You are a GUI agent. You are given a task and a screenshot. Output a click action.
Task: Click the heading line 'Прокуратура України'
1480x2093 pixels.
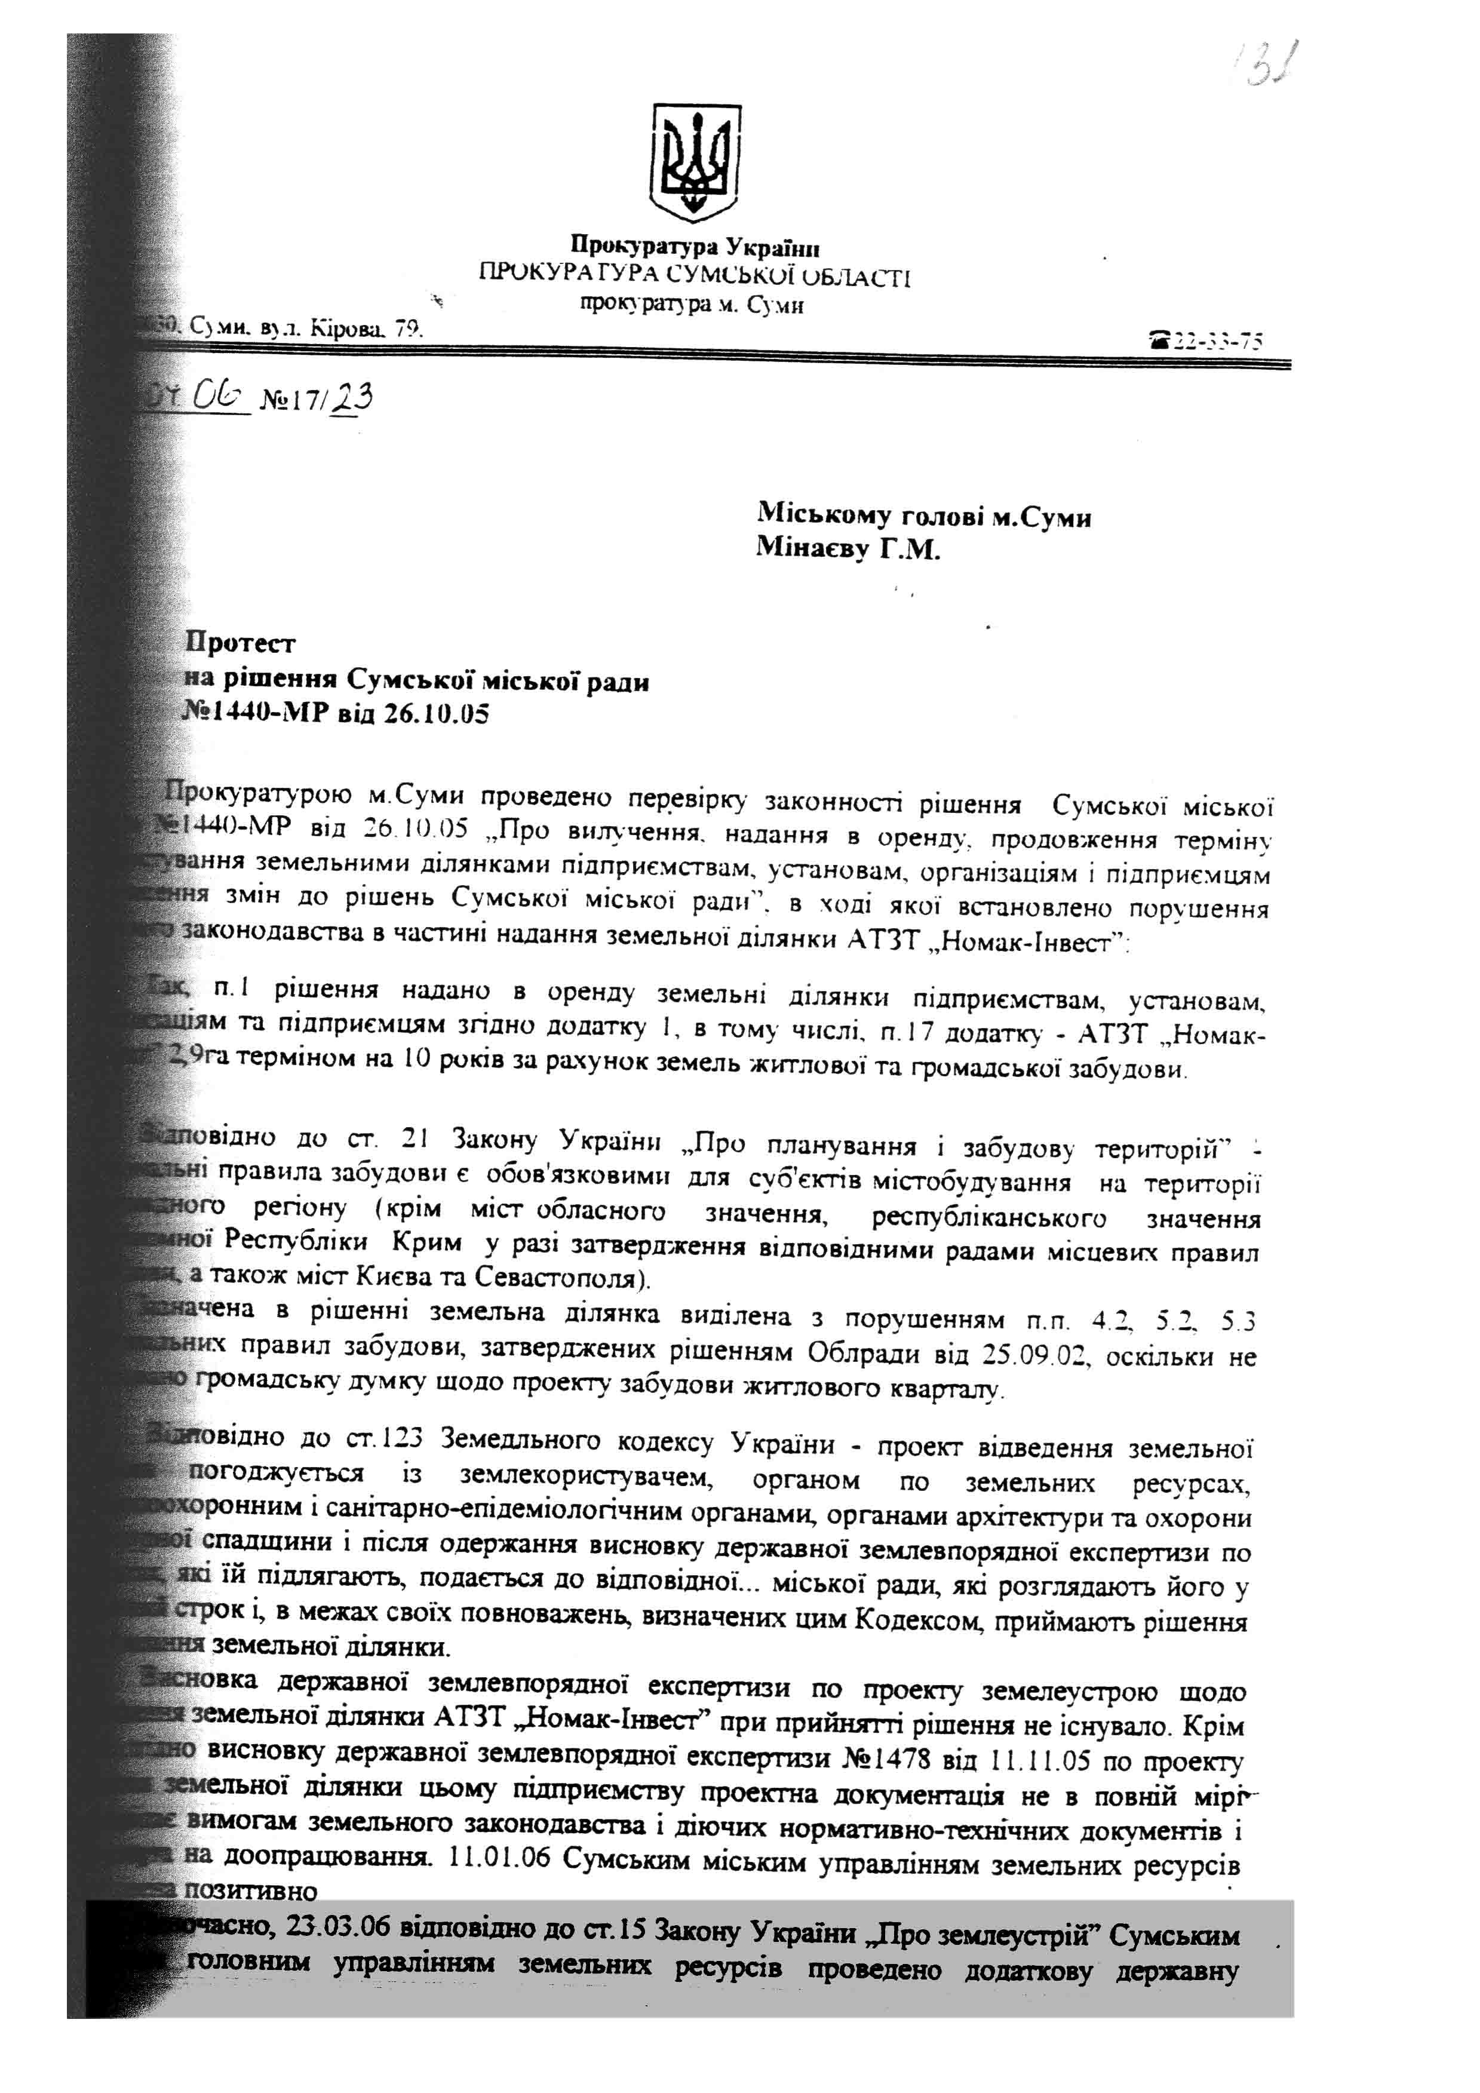pos(695,246)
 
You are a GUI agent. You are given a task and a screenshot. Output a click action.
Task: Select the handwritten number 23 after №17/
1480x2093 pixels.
pos(353,398)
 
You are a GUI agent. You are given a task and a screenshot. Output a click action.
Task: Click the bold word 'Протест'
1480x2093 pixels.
pos(241,643)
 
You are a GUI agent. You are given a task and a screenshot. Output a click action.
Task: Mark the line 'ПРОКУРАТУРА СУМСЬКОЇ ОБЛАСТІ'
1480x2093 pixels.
pos(695,275)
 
